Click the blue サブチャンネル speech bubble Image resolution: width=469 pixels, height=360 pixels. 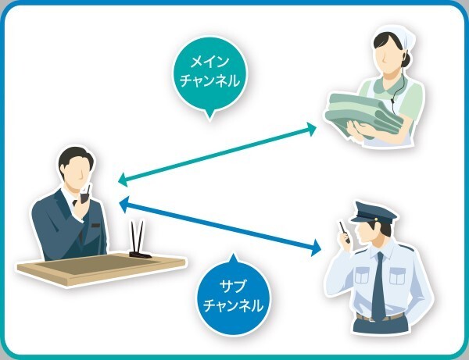233,296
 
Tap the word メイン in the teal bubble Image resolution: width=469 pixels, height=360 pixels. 210,62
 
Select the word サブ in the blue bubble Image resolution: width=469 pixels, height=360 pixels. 233,287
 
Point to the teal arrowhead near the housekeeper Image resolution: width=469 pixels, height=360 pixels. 311,129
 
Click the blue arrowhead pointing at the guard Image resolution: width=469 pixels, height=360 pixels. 316,248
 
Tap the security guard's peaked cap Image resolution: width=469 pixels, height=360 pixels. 374,212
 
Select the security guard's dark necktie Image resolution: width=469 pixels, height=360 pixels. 378,287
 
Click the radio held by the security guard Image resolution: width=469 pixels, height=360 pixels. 344,232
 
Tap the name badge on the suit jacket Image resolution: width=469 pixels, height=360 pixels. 95,226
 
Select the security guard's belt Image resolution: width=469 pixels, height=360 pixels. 380,317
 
